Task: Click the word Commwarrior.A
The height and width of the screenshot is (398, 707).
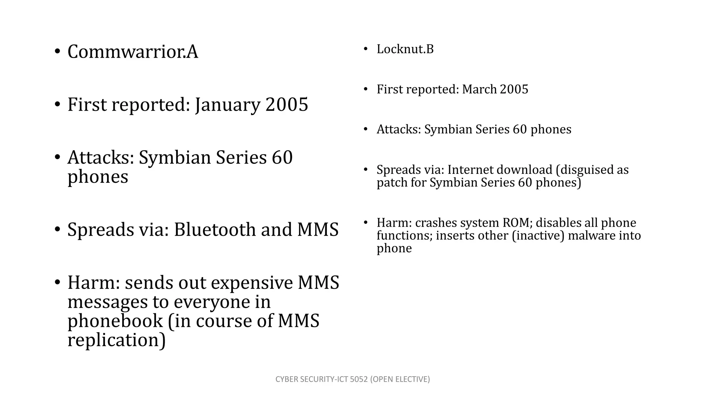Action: tap(133, 52)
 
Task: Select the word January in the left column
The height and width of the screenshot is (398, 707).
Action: tap(227, 105)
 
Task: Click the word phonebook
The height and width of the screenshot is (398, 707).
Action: tap(115, 321)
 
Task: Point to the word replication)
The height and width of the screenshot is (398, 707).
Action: tap(117, 340)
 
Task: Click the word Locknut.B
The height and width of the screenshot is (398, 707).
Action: tap(405, 49)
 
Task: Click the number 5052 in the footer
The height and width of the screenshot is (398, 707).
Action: tap(359, 379)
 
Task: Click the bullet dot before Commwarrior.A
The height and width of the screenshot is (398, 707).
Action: tap(57, 52)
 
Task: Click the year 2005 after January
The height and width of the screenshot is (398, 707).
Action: tap(287, 105)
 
